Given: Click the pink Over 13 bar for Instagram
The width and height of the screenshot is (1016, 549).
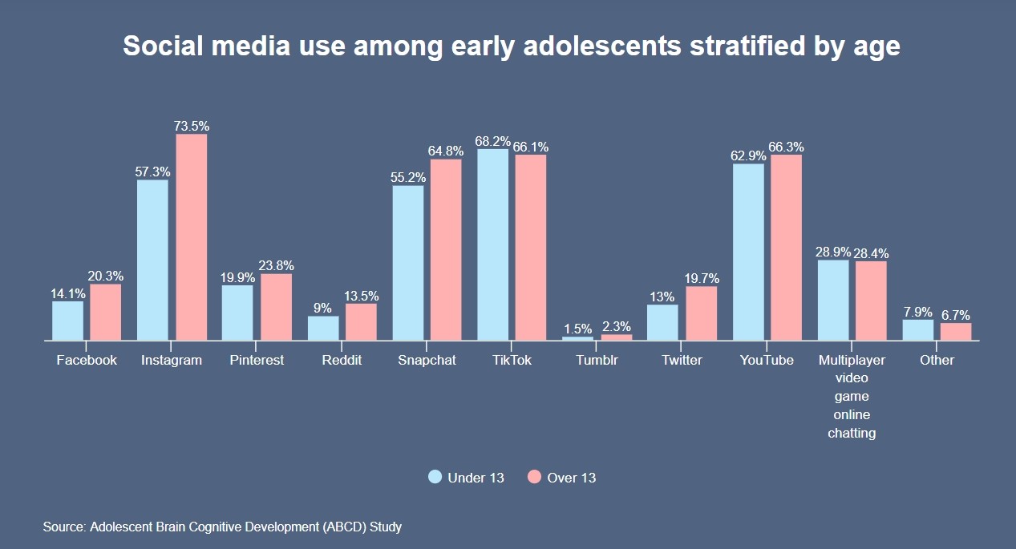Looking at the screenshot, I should (192, 237).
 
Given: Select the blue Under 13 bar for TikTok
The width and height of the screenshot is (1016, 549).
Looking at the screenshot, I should (493, 244).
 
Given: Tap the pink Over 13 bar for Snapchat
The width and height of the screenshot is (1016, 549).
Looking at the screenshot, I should (446, 249).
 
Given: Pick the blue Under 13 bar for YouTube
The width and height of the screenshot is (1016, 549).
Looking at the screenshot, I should (748, 252).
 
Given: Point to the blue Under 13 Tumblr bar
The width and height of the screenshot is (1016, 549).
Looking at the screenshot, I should (578, 338).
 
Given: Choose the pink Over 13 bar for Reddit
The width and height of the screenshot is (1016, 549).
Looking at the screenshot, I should (361, 321).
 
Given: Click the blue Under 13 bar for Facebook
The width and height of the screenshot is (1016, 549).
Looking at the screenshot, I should (68, 321).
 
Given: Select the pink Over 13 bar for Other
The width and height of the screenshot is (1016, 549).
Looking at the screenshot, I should (956, 331).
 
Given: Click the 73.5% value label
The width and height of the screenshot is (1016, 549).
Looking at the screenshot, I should (192, 126).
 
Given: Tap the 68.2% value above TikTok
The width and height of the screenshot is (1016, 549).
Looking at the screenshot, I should (492, 141).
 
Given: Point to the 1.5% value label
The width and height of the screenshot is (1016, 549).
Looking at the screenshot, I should (577, 329).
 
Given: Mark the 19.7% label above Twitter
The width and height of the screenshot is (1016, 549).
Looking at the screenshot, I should (702, 279).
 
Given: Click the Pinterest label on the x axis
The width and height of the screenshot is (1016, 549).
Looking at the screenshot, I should (257, 360).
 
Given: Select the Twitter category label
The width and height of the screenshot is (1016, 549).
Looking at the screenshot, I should (682, 360).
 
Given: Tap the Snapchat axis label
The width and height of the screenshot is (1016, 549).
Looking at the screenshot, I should (427, 360).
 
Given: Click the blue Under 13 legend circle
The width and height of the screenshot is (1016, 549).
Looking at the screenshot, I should (435, 477).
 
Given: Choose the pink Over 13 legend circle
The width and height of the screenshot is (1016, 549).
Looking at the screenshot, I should (535, 477).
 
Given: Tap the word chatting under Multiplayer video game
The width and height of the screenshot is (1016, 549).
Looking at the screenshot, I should (852, 433).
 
